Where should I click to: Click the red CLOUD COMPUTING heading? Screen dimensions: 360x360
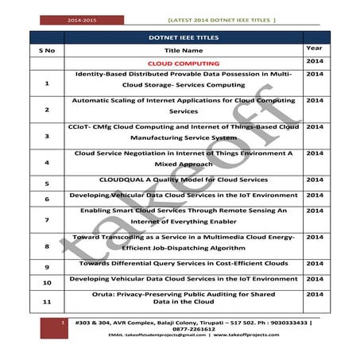[x=184, y=63]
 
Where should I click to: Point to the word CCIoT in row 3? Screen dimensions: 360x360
[x=82, y=126]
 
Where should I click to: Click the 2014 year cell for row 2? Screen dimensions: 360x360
[x=314, y=101]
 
